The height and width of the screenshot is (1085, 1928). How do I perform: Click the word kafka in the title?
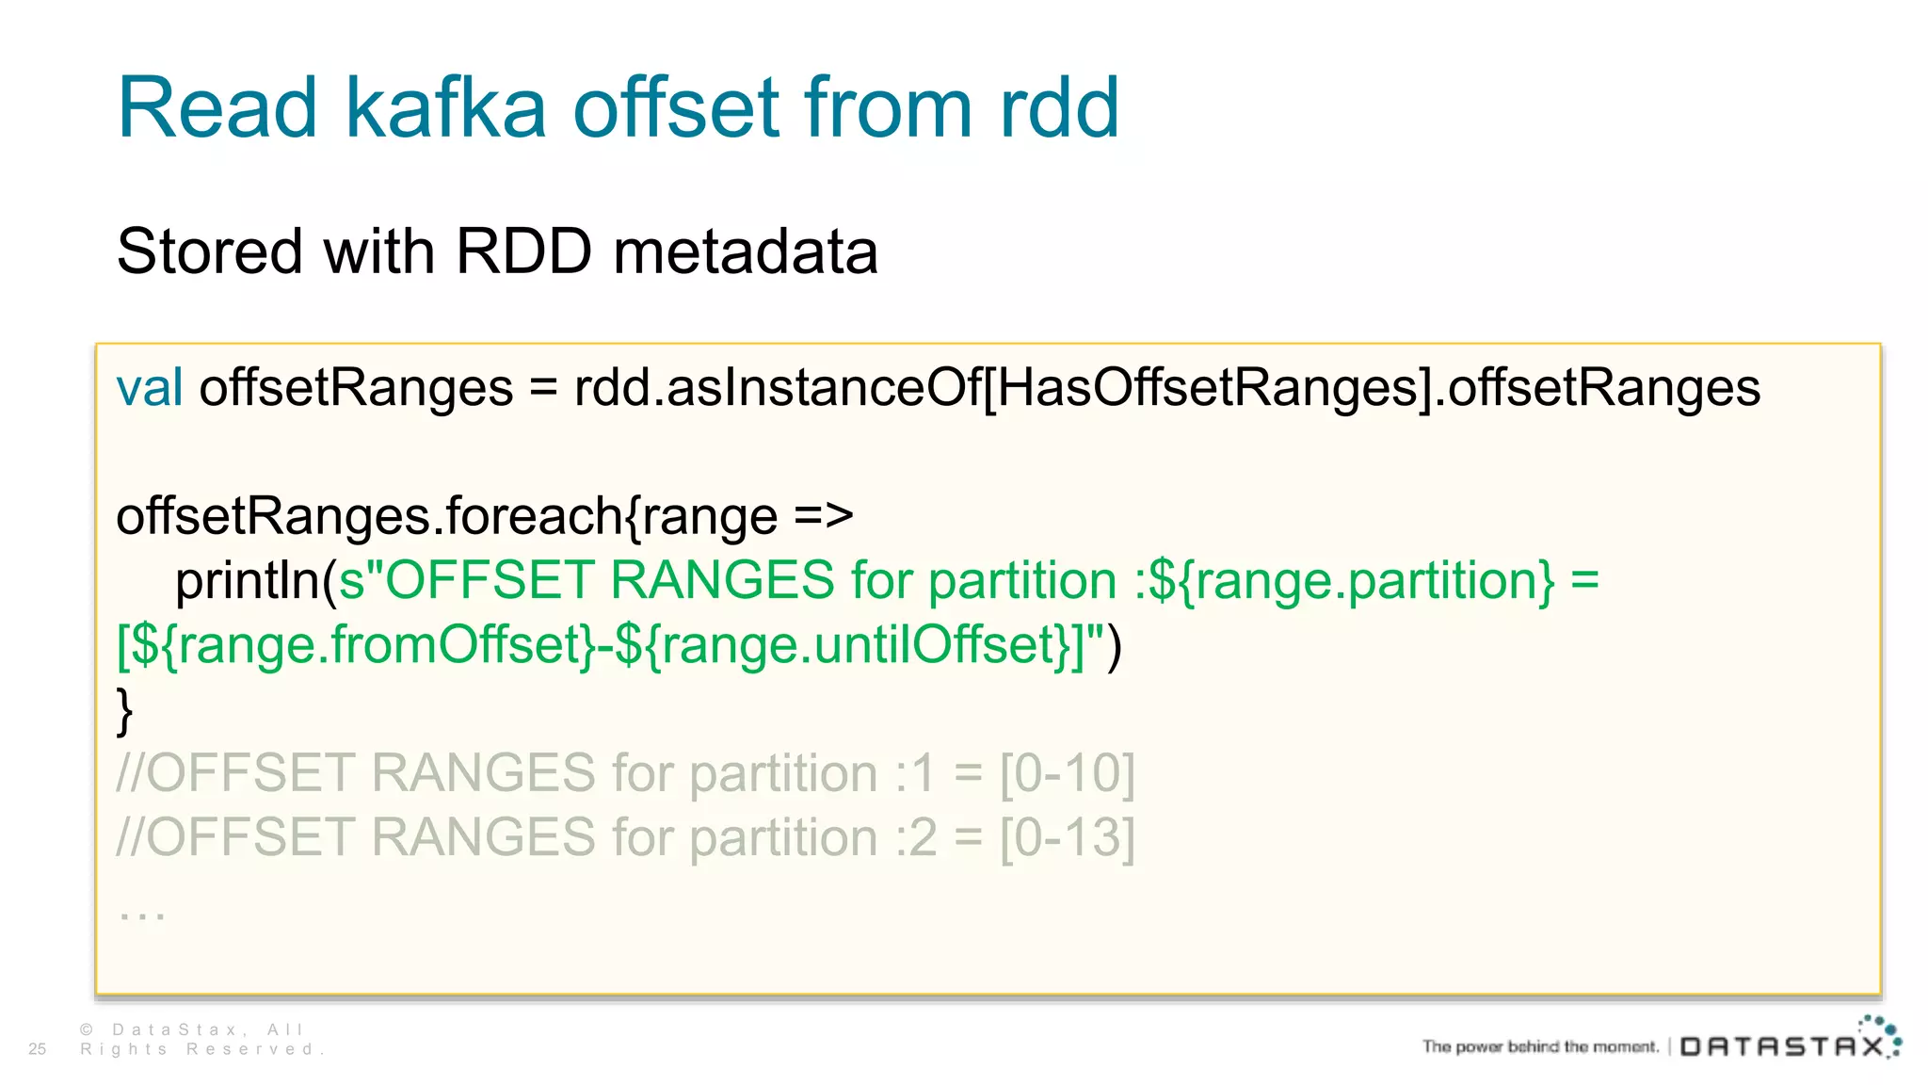click(445, 108)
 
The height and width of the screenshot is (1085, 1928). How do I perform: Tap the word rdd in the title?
click(1059, 108)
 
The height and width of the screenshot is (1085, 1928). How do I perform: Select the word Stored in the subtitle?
click(209, 252)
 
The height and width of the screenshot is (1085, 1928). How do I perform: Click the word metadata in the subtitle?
click(745, 252)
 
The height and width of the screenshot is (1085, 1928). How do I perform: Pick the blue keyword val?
click(149, 388)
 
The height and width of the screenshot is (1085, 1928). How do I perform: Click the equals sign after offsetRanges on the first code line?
click(543, 389)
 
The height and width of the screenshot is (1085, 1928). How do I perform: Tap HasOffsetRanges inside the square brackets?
click(1207, 388)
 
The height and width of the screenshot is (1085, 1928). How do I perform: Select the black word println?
click(248, 581)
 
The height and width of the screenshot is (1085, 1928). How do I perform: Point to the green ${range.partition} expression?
click(1352, 581)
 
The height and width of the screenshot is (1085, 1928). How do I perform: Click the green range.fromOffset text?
click(383, 646)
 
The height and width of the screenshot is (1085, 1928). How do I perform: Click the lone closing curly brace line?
click(124, 711)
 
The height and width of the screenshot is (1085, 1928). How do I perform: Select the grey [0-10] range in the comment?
click(1067, 774)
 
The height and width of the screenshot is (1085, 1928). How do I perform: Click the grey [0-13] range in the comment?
click(1067, 838)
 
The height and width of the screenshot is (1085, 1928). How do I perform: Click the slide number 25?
click(38, 1049)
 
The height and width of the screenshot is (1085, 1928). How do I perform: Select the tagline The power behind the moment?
click(1539, 1046)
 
